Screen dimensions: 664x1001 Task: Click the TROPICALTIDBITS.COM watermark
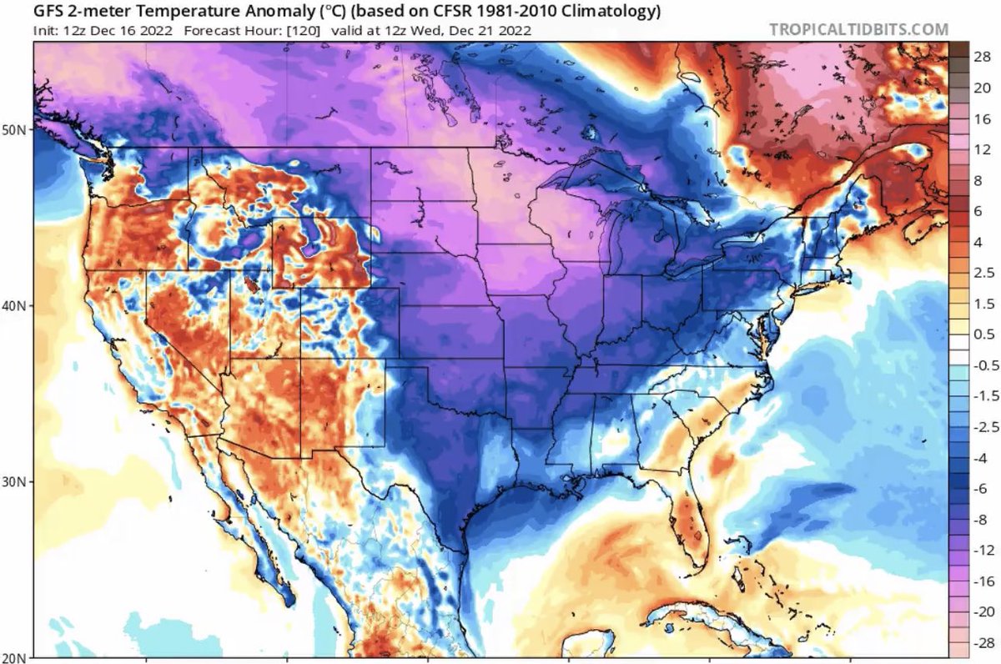(x=858, y=29)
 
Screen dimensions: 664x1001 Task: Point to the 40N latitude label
(x=15, y=306)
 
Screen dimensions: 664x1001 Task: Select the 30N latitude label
(x=15, y=482)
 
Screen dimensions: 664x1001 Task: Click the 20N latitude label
(x=15, y=656)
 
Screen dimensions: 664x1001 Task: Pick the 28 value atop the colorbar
(x=981, y=56)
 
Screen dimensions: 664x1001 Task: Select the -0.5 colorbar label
(x=980, y=365)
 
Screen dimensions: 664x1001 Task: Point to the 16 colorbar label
(x=981, y=118)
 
